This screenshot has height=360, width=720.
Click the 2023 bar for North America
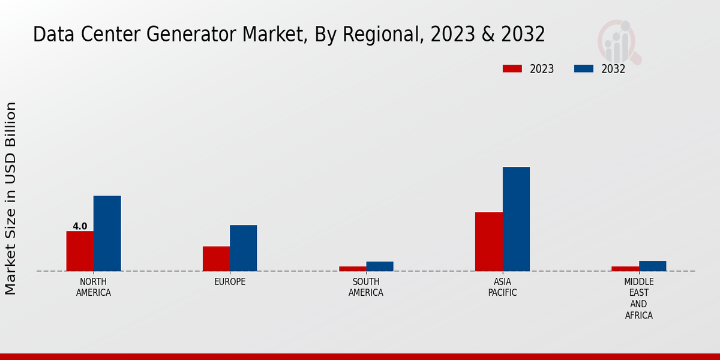click(80, 251)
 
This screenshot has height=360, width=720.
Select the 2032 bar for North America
click(107, 233)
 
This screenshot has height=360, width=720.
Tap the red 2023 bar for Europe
click(216, 259)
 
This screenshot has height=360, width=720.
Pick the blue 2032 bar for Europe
click(243, 248)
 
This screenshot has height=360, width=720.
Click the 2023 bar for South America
click(352, 268)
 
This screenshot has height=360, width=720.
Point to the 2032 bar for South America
click(380, 266)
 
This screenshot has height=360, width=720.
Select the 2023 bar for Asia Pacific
click(488, 241)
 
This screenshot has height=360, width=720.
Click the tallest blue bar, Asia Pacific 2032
click(516, 219)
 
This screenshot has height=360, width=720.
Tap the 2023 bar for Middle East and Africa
click(625, 268)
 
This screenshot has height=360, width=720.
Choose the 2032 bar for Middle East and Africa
click(652, 266)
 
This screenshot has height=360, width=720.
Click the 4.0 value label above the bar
click(80, 226)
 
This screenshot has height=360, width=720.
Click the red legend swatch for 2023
click(512, 68)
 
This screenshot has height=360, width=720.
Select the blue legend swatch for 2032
click(583, 68)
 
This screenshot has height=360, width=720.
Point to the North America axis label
click(94, 287)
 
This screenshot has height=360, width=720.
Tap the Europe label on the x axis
click(230, 281)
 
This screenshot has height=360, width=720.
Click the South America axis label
click(366, 287)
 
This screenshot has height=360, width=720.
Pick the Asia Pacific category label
click(502, 287)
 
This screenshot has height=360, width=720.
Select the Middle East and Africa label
click(638, 298)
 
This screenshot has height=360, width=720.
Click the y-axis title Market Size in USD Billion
click(11, 198)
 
